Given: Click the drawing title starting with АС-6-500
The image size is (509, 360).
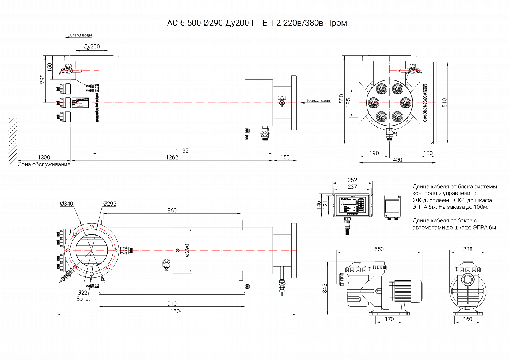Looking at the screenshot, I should [x=257, y=23].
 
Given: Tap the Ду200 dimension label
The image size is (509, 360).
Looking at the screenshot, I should [x=92, y=47].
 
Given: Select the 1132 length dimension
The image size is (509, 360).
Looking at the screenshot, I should [x=182, y=151].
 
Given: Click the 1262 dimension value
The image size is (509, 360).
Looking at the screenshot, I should [x=172, y=158].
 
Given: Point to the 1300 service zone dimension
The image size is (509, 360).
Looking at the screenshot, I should [x=44, y=158].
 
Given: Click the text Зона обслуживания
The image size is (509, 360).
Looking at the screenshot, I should [x=44, y=164].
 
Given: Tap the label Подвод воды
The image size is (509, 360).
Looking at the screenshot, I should [x=317, y=100].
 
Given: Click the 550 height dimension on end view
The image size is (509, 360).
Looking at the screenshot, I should [x=341, y=99].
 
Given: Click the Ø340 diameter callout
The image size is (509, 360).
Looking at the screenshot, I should [x=66, y=204].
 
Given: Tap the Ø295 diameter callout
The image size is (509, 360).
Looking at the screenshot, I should [x=109, y=204].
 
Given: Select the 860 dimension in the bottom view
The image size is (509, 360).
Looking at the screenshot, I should [x=172, y=210].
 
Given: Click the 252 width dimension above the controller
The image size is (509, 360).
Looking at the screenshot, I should [x=352, y=180].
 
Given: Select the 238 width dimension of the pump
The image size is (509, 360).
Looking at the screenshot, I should [x=467, y=249].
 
